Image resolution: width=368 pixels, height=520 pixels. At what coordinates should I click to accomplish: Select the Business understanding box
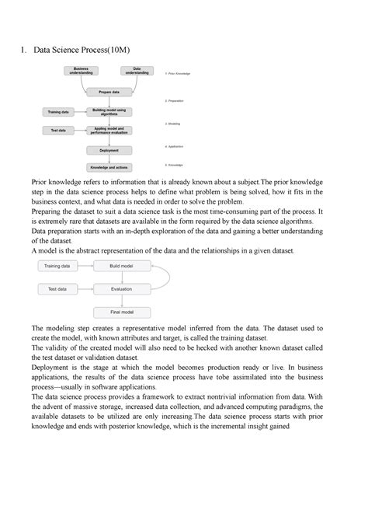(82, 72)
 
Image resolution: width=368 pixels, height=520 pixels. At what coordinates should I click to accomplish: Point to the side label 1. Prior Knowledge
(178, 73)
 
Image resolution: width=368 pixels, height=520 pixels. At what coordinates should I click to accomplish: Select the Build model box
(120, 266)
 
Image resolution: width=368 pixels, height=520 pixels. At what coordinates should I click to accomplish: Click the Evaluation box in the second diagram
(120, 289)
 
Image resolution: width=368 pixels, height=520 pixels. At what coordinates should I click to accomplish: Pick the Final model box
(120, 312)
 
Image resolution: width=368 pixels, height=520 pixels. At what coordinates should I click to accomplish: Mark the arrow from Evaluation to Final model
(120, 301)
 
